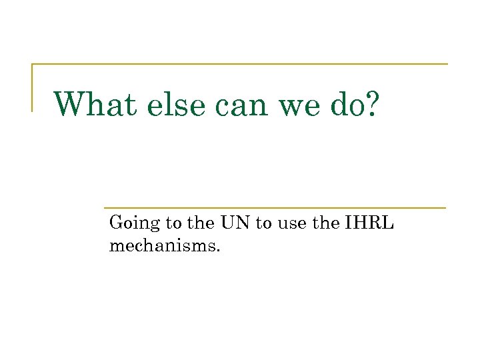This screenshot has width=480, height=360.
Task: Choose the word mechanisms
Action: tap(163, 246)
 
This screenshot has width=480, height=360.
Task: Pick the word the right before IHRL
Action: tap(326, 223)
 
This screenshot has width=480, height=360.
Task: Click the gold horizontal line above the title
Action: tap(240, 65)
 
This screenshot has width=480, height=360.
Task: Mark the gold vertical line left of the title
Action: tap(32, 87)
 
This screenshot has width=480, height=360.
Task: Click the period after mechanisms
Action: tap(217, 249)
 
